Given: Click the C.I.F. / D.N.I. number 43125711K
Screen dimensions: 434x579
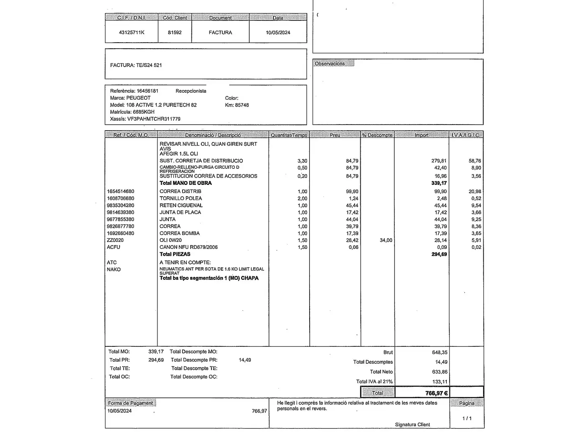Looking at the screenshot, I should click(131, 33).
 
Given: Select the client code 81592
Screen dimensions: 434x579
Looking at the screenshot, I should click(175, 33).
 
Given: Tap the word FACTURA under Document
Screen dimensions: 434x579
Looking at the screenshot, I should click(220, 33).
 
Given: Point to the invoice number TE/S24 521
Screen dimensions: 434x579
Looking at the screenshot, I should click(149, 65).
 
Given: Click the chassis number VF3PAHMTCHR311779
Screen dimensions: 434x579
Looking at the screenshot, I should click(154, 119).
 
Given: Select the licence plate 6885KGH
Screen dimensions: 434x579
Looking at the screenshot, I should click(144, 112).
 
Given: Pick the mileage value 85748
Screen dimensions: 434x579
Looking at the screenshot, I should click(242, 105).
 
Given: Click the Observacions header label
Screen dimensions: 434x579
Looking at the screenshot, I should click(330, 63).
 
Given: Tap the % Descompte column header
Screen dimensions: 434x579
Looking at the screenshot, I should click(377, 135).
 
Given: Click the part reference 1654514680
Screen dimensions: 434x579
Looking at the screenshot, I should click(121, 192).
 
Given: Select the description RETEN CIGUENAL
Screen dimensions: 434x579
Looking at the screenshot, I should click(181, 205).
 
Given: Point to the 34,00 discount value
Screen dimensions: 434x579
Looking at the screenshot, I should click(386, 240).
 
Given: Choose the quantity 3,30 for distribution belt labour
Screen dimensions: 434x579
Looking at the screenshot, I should click(302, 161).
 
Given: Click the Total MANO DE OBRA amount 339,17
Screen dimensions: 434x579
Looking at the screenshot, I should click(439, 183).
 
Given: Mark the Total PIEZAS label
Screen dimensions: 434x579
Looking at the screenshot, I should click(175, 254).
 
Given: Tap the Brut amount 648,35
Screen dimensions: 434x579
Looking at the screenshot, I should click(439, 352).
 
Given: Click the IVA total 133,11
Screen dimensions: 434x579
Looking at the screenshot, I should click(439, 382).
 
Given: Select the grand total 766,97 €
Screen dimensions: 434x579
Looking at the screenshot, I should click(436, 393).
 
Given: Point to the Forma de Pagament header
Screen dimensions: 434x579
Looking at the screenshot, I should click(130, 403).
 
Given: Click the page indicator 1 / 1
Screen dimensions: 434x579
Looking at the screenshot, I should click(467, 418).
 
